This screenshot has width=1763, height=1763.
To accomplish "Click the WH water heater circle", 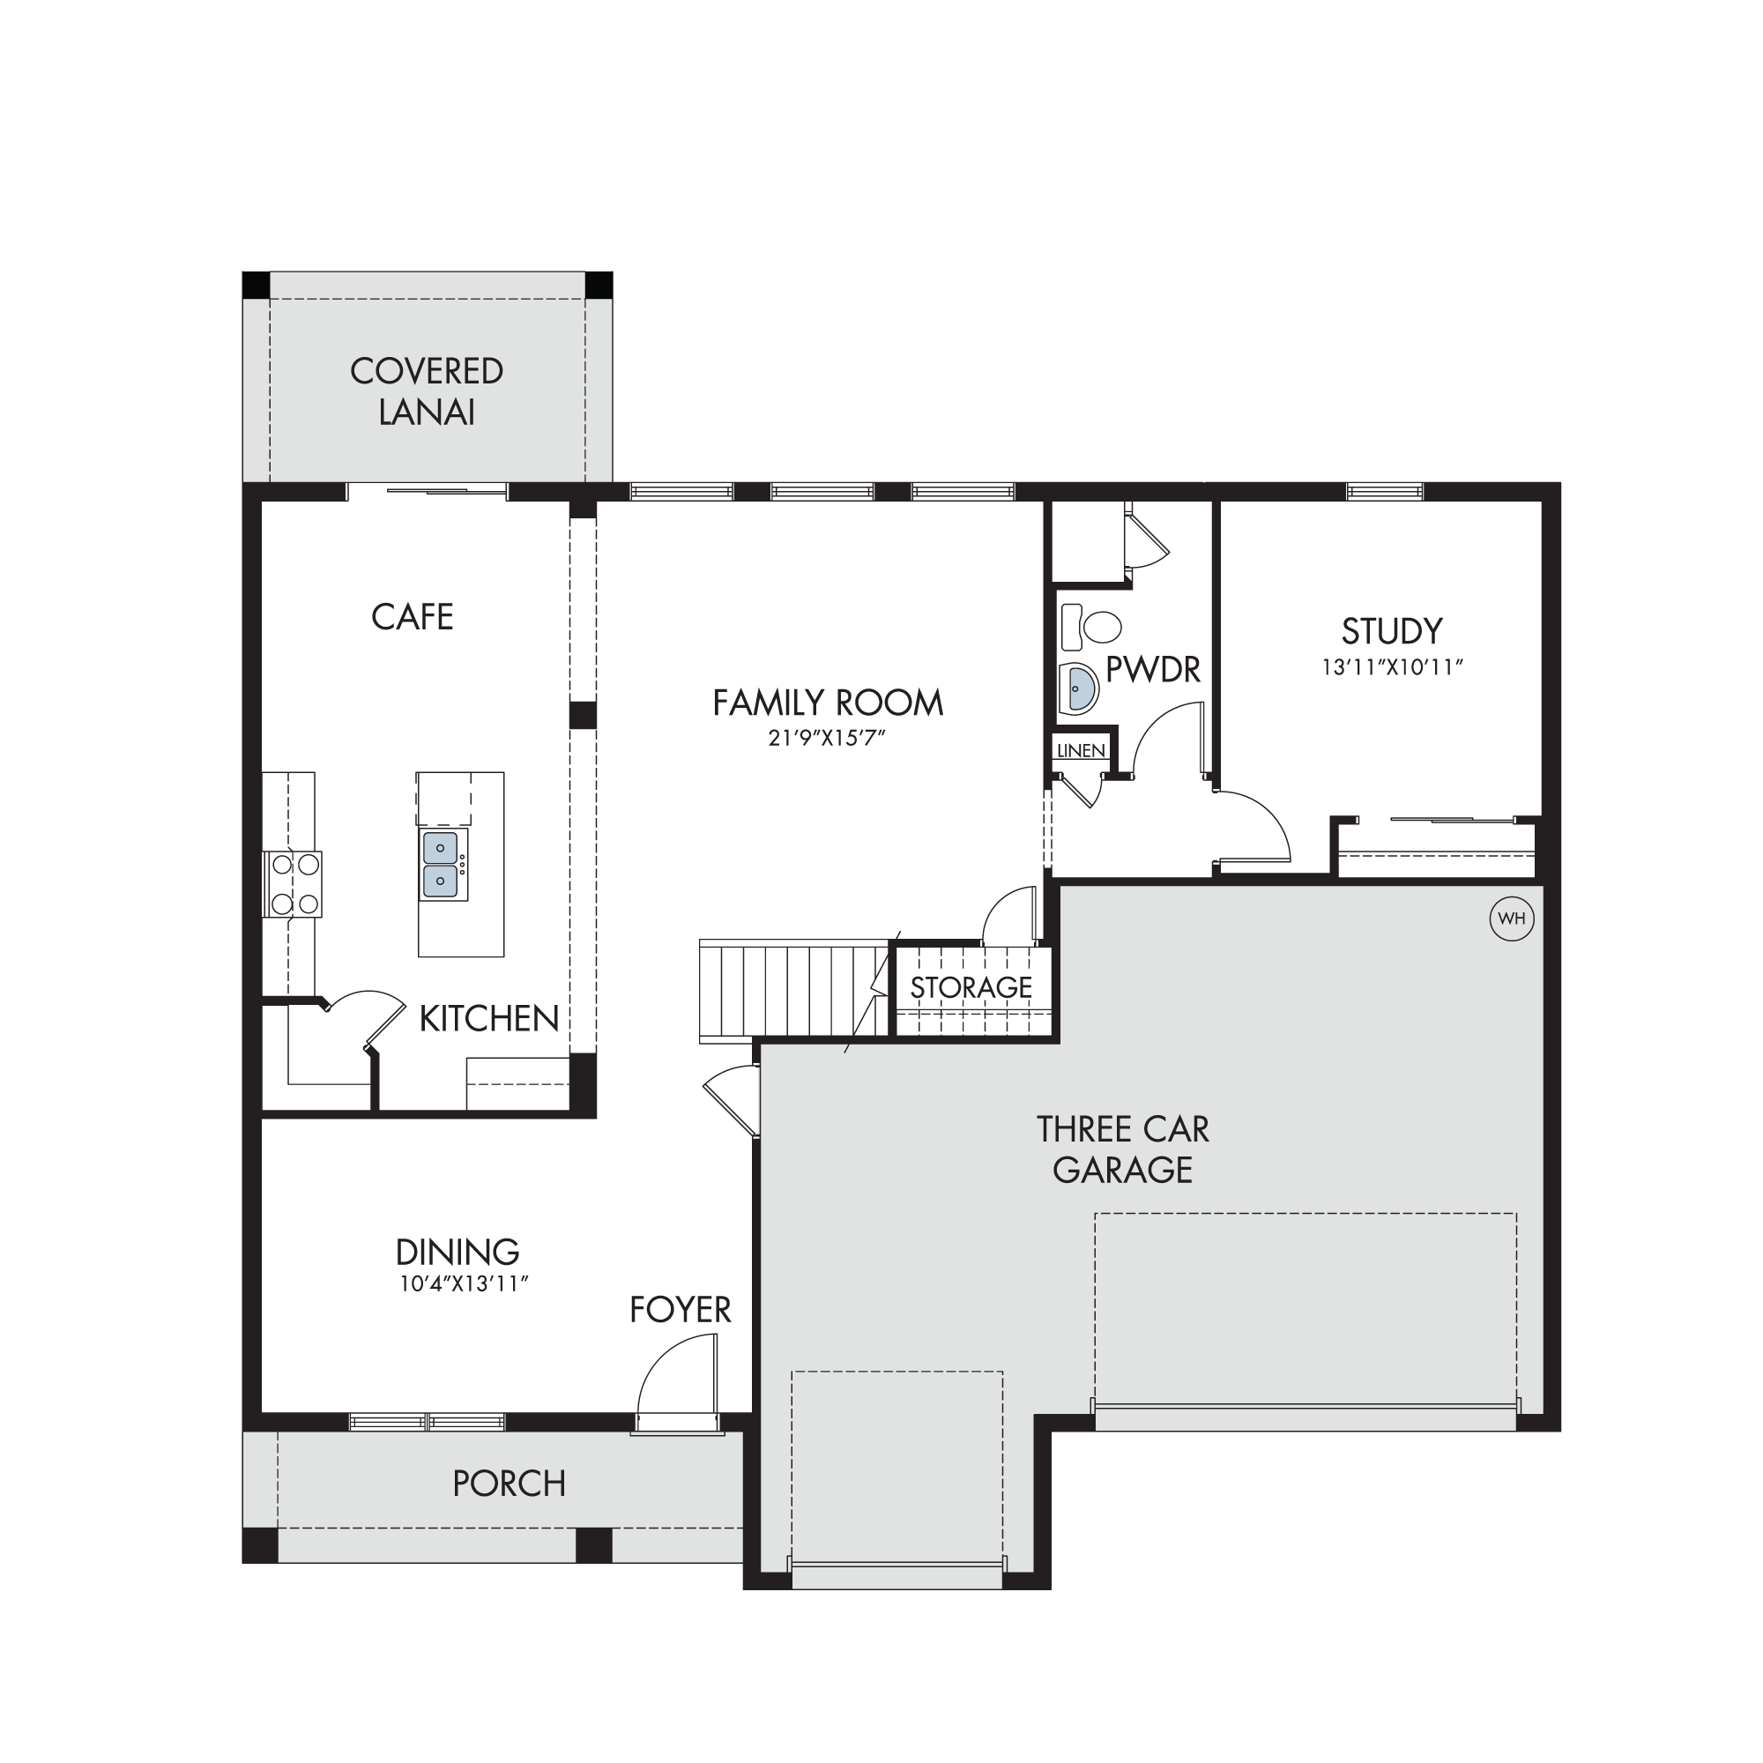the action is coord(1511,919).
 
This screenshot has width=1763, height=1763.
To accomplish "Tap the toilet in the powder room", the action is coord(1091,627).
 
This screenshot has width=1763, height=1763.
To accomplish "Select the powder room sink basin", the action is coord(1080,688).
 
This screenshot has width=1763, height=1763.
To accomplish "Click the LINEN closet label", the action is coord(1081,751).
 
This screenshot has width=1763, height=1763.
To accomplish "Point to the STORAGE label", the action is coord(971,987).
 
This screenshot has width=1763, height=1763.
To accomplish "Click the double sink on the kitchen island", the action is coord(443,864).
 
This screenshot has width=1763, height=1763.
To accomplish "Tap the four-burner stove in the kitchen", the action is coord(292,883).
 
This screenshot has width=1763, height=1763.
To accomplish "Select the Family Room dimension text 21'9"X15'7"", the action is coord(827,737).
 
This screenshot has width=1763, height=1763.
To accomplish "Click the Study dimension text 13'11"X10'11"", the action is coord(1393,667).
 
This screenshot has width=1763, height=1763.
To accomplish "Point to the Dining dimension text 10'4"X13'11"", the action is coord(465,1284).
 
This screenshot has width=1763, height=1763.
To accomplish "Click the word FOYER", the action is coord(680,1310).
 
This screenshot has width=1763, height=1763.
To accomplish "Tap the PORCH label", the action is coord(510,1484).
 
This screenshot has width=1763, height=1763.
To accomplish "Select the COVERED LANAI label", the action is coord(427,391).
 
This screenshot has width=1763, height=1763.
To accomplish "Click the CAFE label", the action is coord(413,617).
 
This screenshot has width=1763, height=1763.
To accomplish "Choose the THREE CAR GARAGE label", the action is coord(1122,1149).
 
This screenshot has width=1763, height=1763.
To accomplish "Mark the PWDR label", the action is coord(1153,670).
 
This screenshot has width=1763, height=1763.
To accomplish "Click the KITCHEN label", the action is coord(489,1018).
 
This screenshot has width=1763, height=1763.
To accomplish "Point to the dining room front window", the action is coord(427,1422).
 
